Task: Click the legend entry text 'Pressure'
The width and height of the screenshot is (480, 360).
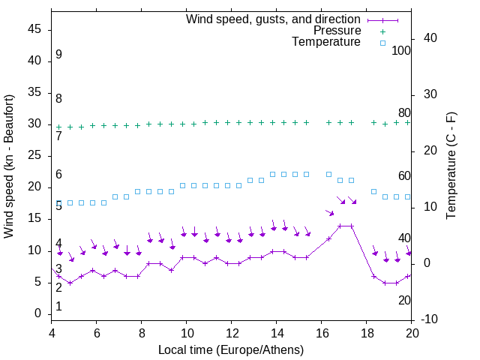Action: (x=337, y=31)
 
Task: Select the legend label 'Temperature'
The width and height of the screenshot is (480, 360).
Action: (x=326, y=42)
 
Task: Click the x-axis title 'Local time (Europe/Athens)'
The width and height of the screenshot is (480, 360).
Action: (x=231, y=350)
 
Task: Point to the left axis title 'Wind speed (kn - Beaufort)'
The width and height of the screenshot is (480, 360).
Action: (x=9, y=166)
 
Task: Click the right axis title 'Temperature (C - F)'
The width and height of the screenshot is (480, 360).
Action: (x=451, y=166)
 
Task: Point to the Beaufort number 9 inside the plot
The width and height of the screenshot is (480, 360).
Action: (x=58, y=55)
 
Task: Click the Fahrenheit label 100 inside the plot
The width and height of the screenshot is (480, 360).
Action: (x=401, y=50)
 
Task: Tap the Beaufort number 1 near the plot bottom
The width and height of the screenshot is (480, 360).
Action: (x=58, y=307)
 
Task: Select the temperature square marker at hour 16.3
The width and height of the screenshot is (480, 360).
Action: (x=328, y=174)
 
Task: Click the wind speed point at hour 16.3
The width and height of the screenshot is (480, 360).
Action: (x=328, y=238)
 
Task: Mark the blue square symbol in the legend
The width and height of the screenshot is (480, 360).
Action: (x=382, y=43)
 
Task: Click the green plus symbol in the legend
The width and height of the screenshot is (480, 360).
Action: (x=382, y=31)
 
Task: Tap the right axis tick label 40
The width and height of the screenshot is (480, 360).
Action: (x=430, y=38)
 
